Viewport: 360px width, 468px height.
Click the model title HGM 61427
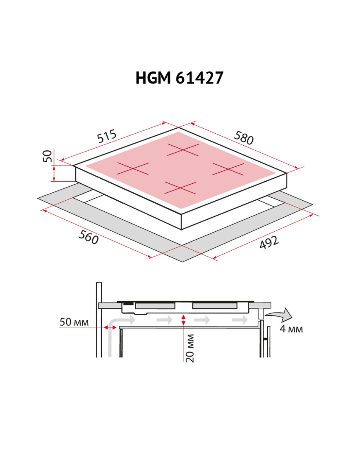[180, 78]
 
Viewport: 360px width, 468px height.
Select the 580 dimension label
[244, 138]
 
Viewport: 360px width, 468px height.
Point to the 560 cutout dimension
[89, 238]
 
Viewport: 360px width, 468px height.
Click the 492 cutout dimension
[269, 242]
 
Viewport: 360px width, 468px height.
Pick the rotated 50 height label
[48, 156]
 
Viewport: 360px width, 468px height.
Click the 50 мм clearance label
[74, 322]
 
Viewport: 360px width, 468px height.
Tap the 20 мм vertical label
[190, 348]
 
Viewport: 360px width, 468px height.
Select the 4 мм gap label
[291, 329]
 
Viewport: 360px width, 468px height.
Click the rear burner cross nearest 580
[183, 149]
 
